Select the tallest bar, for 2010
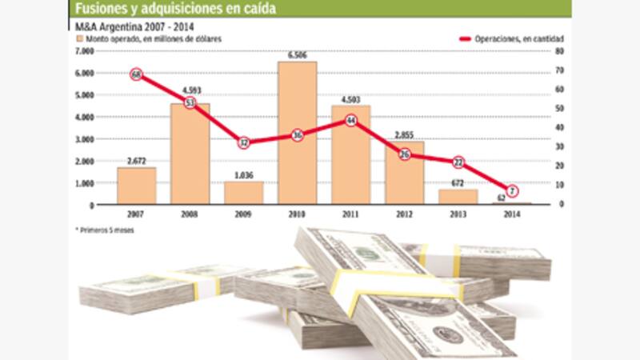(297, 132)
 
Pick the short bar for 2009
(243, 192)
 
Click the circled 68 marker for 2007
(137, 74)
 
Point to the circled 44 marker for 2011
(350, 121)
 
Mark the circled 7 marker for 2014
(512, 190)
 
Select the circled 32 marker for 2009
(244, 142)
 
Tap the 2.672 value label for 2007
(136, 161)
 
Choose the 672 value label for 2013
(458, 183)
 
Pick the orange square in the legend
(79, 38)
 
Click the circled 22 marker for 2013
(458, 162)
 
